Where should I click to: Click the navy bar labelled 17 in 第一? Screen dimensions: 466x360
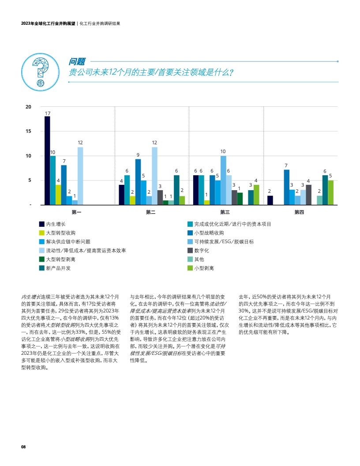click(47, 161)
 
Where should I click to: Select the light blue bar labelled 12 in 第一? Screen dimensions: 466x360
click(80, 176)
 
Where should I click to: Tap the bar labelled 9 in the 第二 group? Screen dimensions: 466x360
click(138, 182)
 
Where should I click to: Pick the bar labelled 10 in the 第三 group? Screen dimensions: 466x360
click(223, 180)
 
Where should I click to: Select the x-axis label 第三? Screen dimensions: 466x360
click(225, 212)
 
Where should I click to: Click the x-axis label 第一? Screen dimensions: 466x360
click(76, 212)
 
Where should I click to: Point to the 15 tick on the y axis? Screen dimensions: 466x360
click(28, 131)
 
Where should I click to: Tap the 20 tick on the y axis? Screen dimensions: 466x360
click(28, 107)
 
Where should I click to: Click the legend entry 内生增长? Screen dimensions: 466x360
click(56, 224)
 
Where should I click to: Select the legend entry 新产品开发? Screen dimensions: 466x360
click(58, 268)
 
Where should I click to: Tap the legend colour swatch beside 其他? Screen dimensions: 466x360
click(190, 259)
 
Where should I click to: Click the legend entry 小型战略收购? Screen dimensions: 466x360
click(209, 233)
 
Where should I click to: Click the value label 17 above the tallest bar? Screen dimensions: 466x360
click(47, 113)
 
